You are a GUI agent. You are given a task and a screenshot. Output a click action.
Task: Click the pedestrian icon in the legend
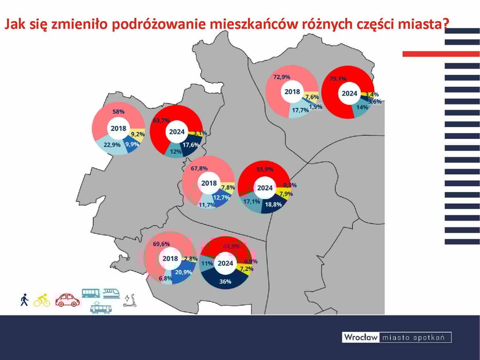tap(24, 300)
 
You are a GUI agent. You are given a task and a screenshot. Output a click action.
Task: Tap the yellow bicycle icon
tap(42, 300)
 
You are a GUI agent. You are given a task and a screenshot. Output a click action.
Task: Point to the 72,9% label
tap(282, 77)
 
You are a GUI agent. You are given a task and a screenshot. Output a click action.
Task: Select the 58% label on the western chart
tap(119, 111)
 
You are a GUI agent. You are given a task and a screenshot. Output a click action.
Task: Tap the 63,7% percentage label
tap(162, 121)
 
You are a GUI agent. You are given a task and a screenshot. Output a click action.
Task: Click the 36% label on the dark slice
tap(225, 281)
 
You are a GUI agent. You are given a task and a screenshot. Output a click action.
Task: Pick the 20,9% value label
tap(183, 272)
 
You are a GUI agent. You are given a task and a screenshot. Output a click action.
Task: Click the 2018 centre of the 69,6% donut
tap(170, 259)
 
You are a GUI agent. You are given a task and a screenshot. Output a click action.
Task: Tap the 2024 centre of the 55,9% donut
tap(265, 187)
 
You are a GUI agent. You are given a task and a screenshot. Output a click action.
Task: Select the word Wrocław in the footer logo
tap(361, 337)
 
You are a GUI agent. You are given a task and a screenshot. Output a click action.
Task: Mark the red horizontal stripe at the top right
tap(441, 54)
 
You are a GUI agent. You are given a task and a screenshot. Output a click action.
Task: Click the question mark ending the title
tap(445, 25)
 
